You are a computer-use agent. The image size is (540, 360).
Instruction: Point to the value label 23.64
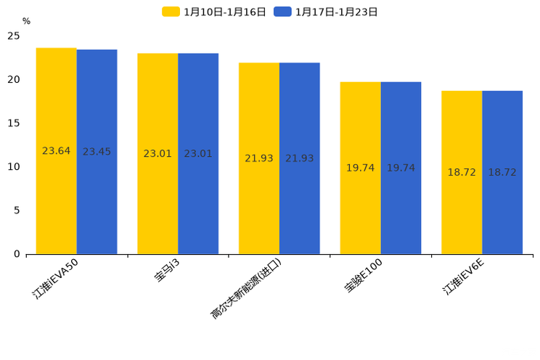[56, 151]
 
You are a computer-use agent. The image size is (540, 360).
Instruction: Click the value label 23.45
[97, 152]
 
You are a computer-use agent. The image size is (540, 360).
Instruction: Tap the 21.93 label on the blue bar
[299, 158]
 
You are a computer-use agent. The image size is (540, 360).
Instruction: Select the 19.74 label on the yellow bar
[360, 168]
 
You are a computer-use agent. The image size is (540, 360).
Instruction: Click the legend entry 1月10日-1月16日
[214, 12]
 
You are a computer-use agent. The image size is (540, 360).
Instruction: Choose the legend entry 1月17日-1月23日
[326, 12]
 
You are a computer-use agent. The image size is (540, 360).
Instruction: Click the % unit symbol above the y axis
[26, 21]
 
